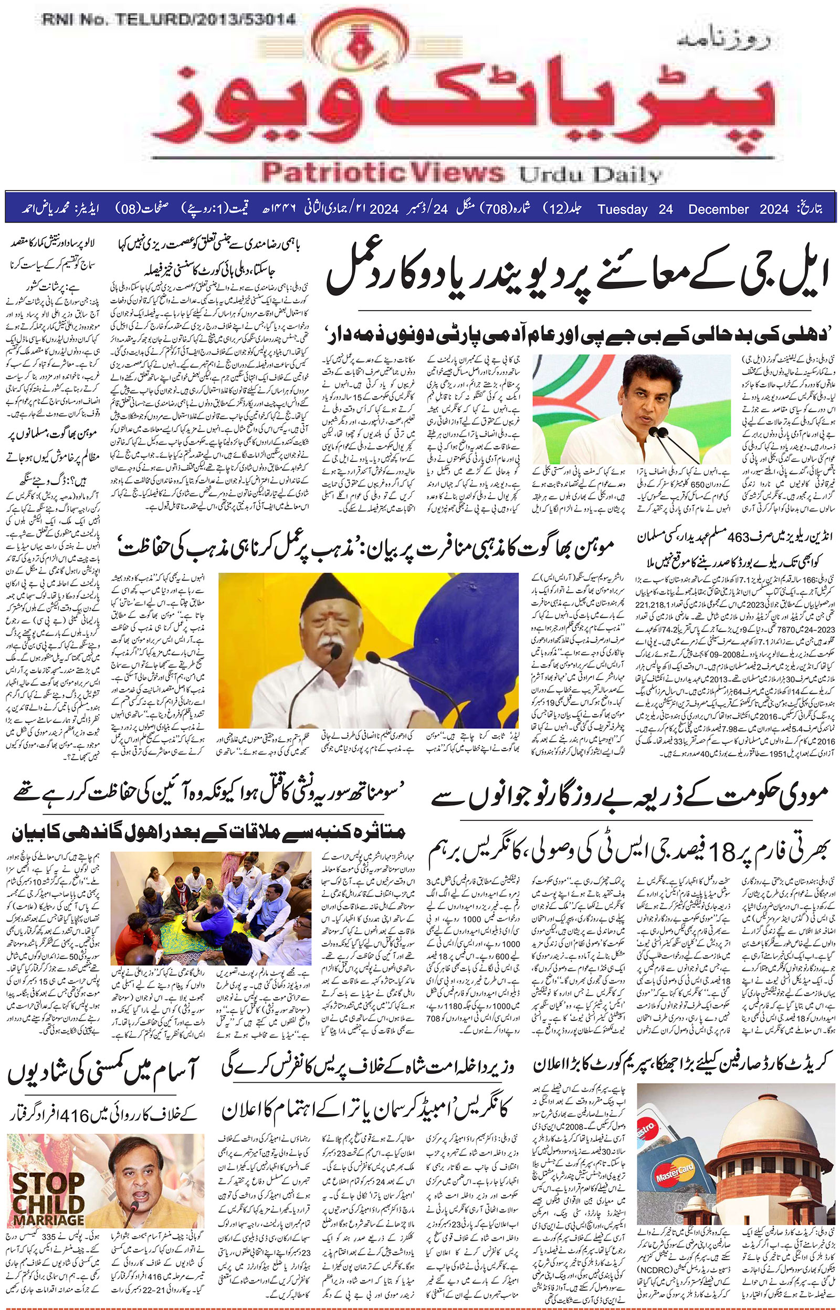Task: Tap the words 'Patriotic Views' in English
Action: [382, 173]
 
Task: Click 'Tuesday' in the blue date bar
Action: [622, 210]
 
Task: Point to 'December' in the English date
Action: [718, 210]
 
